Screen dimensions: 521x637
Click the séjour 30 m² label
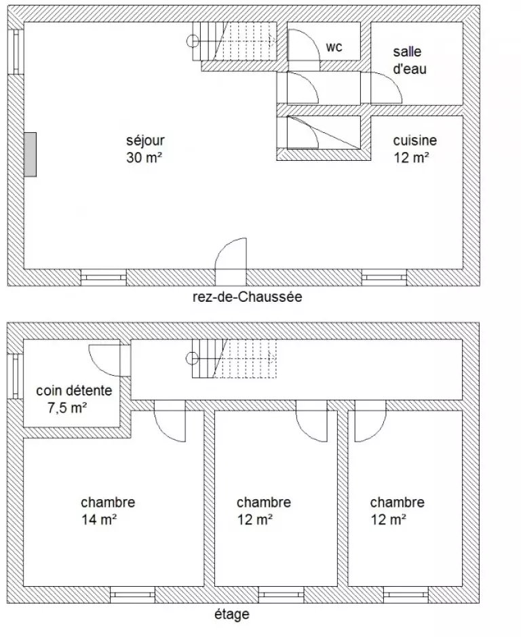(145, 149)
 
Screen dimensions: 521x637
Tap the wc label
(334, 47)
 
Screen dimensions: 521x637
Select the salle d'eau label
(410, 60)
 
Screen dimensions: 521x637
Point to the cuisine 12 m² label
(414, 149)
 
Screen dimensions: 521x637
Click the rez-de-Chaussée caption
(248, 297)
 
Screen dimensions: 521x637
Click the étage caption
(231, 614)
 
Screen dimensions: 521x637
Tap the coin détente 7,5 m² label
(74, 399)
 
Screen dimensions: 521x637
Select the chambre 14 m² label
(108, 511)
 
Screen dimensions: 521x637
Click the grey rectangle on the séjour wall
(30, 155)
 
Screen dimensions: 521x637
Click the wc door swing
(303, 45)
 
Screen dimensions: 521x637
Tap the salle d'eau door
(386, 88)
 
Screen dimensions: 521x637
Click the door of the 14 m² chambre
(170, 421)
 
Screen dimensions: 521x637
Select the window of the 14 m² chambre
(132, 595)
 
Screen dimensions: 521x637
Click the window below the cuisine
(385, 277)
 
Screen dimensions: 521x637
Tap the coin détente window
(16, 376)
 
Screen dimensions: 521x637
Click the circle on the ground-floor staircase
(193, 41)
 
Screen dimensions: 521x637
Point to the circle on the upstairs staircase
(192, 358)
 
